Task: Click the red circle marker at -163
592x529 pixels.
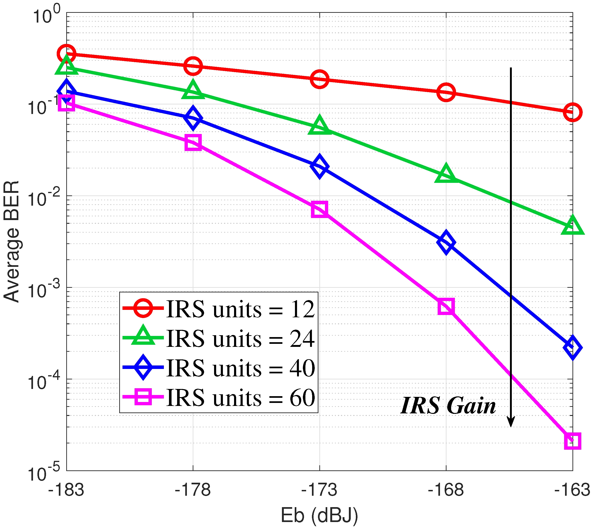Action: pyautogui.click(x=572, y=112)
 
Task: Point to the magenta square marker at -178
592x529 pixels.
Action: pyautogui.click(x=193, y=142)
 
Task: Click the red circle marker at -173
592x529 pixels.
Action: pyautogui.click(x=319, y=79)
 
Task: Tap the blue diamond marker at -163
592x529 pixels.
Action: pyautogui.click(x=572, y=347)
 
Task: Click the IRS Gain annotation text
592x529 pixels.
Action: pyautogui.click(x=448, y=406)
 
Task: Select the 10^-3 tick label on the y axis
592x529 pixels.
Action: pyautogui.click(x=43, y=290)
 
